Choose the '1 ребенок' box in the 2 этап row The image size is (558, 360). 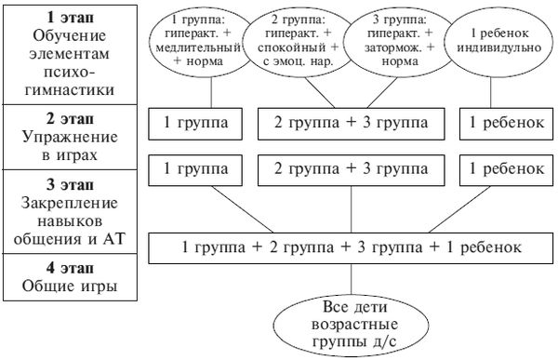(504, 122)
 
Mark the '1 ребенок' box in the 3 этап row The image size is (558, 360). (504, 169)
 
